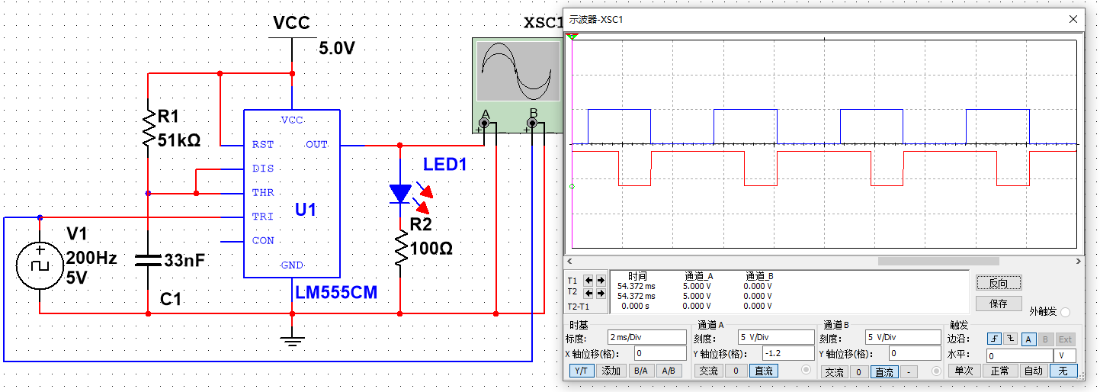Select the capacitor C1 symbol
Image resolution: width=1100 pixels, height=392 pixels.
point(148,260)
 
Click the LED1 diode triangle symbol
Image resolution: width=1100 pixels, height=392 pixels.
point(400,194)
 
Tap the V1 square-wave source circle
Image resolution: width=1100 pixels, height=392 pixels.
point(40,266)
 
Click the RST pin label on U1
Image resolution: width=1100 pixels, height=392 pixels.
point(262,144)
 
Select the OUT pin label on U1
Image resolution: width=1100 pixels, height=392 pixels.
point(316,144)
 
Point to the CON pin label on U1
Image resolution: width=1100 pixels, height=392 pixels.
point(263,241)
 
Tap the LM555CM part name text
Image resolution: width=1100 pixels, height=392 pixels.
point(335,292)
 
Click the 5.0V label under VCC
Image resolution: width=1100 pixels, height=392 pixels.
point(337,49)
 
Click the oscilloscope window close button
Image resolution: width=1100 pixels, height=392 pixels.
point(1073,19)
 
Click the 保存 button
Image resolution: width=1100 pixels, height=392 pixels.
point(998,304)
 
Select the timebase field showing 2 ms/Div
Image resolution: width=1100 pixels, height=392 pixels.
point(646,337)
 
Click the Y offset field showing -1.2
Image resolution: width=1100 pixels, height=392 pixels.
point(788,354)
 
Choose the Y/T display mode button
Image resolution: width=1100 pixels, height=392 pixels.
point(582,371)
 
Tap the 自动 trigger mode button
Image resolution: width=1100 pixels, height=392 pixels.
point(1033,371)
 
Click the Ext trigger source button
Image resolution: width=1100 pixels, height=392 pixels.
point(1065,339)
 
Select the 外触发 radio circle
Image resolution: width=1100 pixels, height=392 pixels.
point(1066,312)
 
